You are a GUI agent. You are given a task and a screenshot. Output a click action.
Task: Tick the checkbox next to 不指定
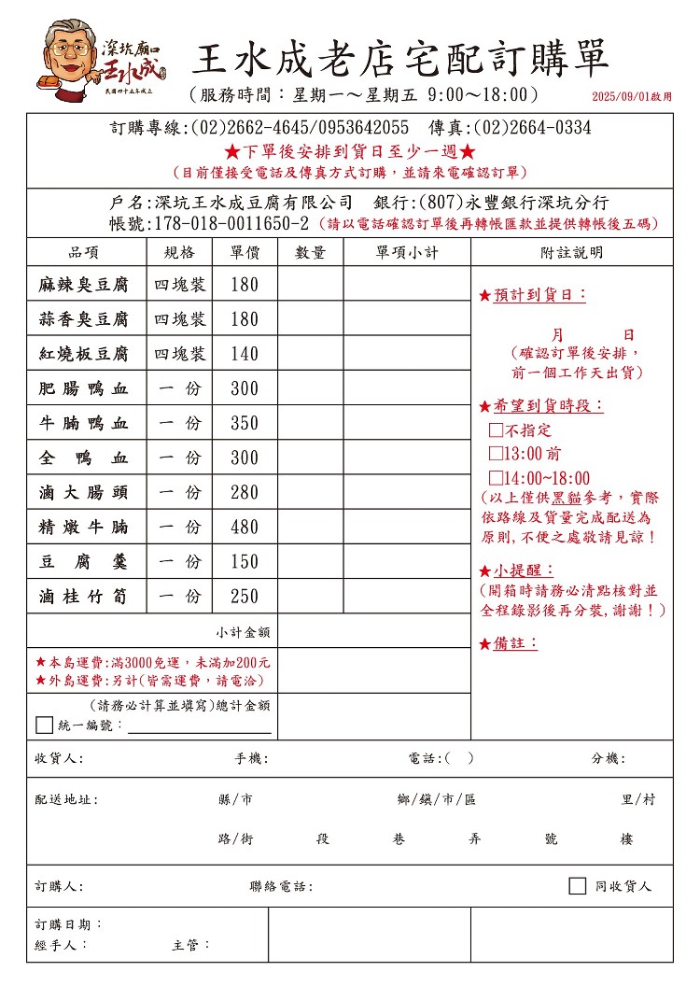click(497, 430)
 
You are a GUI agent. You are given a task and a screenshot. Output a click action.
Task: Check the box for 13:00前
click(497, 454)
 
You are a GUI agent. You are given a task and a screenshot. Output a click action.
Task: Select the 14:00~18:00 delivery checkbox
click(497, 478)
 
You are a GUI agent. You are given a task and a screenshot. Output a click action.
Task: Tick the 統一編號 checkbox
click(44, 725)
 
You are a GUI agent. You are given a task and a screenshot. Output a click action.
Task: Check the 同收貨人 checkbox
click(577, 885)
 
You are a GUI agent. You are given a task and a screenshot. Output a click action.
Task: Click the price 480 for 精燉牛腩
click(244, 527)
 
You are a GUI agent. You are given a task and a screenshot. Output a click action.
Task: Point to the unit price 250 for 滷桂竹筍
click(244, 596)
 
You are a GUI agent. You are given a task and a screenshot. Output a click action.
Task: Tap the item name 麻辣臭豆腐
click(83, 285)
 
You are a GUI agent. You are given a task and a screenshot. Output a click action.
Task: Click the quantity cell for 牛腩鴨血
click(310, 423)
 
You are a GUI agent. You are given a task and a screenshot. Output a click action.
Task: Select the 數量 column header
click(310, 252)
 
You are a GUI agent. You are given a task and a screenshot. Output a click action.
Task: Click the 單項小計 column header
click(406, 252)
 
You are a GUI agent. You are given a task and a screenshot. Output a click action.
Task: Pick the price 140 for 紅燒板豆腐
click(244, 354)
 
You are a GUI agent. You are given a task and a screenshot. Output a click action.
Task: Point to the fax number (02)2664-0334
click(532, 128)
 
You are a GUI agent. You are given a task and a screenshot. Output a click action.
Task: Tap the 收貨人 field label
click(59, 758)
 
